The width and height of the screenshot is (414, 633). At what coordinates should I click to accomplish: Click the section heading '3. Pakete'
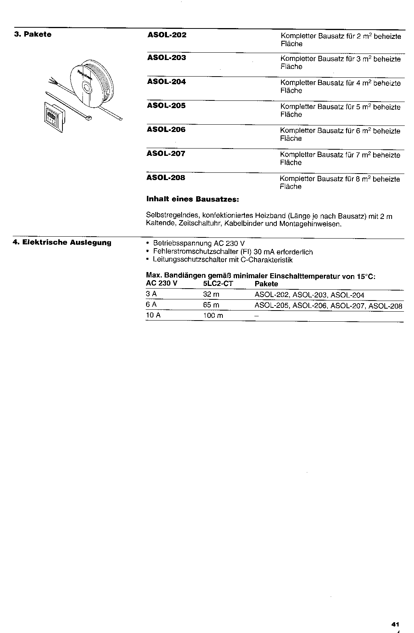33,35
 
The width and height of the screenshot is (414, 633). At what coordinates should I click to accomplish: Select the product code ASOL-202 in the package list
167,35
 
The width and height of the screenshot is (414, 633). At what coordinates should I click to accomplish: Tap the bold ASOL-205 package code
166,106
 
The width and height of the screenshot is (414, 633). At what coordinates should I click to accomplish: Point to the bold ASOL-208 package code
166,178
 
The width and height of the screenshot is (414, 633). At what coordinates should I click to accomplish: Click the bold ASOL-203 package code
167,58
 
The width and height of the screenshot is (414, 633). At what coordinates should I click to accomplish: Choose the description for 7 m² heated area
340,159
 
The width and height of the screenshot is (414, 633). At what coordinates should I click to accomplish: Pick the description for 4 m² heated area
340,87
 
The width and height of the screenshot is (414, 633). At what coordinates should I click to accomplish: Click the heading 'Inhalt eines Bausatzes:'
193,200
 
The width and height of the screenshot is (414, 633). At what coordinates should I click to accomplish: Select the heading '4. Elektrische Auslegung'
62,242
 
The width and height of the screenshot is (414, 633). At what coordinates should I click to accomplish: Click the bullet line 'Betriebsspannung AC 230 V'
199,244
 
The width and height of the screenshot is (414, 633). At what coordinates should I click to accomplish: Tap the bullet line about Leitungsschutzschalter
222,260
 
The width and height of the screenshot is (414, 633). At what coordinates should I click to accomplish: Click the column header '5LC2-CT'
218,284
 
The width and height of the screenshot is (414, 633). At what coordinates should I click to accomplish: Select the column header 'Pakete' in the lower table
266,284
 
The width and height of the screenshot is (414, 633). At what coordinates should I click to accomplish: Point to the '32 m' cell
211,295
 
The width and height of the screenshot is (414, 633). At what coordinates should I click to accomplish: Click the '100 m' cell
213,316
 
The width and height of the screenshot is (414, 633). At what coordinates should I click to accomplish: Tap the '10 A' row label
153,316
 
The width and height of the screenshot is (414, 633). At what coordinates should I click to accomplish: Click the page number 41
394,624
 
